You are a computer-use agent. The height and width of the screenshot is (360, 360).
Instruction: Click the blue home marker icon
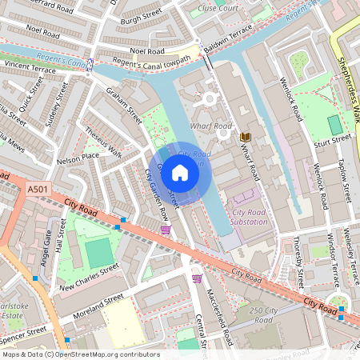click(180, 172)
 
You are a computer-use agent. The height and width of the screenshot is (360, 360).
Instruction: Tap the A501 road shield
click(37, 189)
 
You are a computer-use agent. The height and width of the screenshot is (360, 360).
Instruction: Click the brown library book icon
click(246, 137)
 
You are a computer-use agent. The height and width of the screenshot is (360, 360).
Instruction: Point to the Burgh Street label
click(141, 15)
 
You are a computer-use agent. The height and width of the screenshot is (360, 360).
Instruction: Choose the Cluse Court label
click(217, 7)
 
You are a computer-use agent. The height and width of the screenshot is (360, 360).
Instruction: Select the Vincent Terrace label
click(30, 66)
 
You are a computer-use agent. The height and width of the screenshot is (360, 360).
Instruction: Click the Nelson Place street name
click(78, 158)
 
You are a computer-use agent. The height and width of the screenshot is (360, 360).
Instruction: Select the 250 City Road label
click(267, 314)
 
